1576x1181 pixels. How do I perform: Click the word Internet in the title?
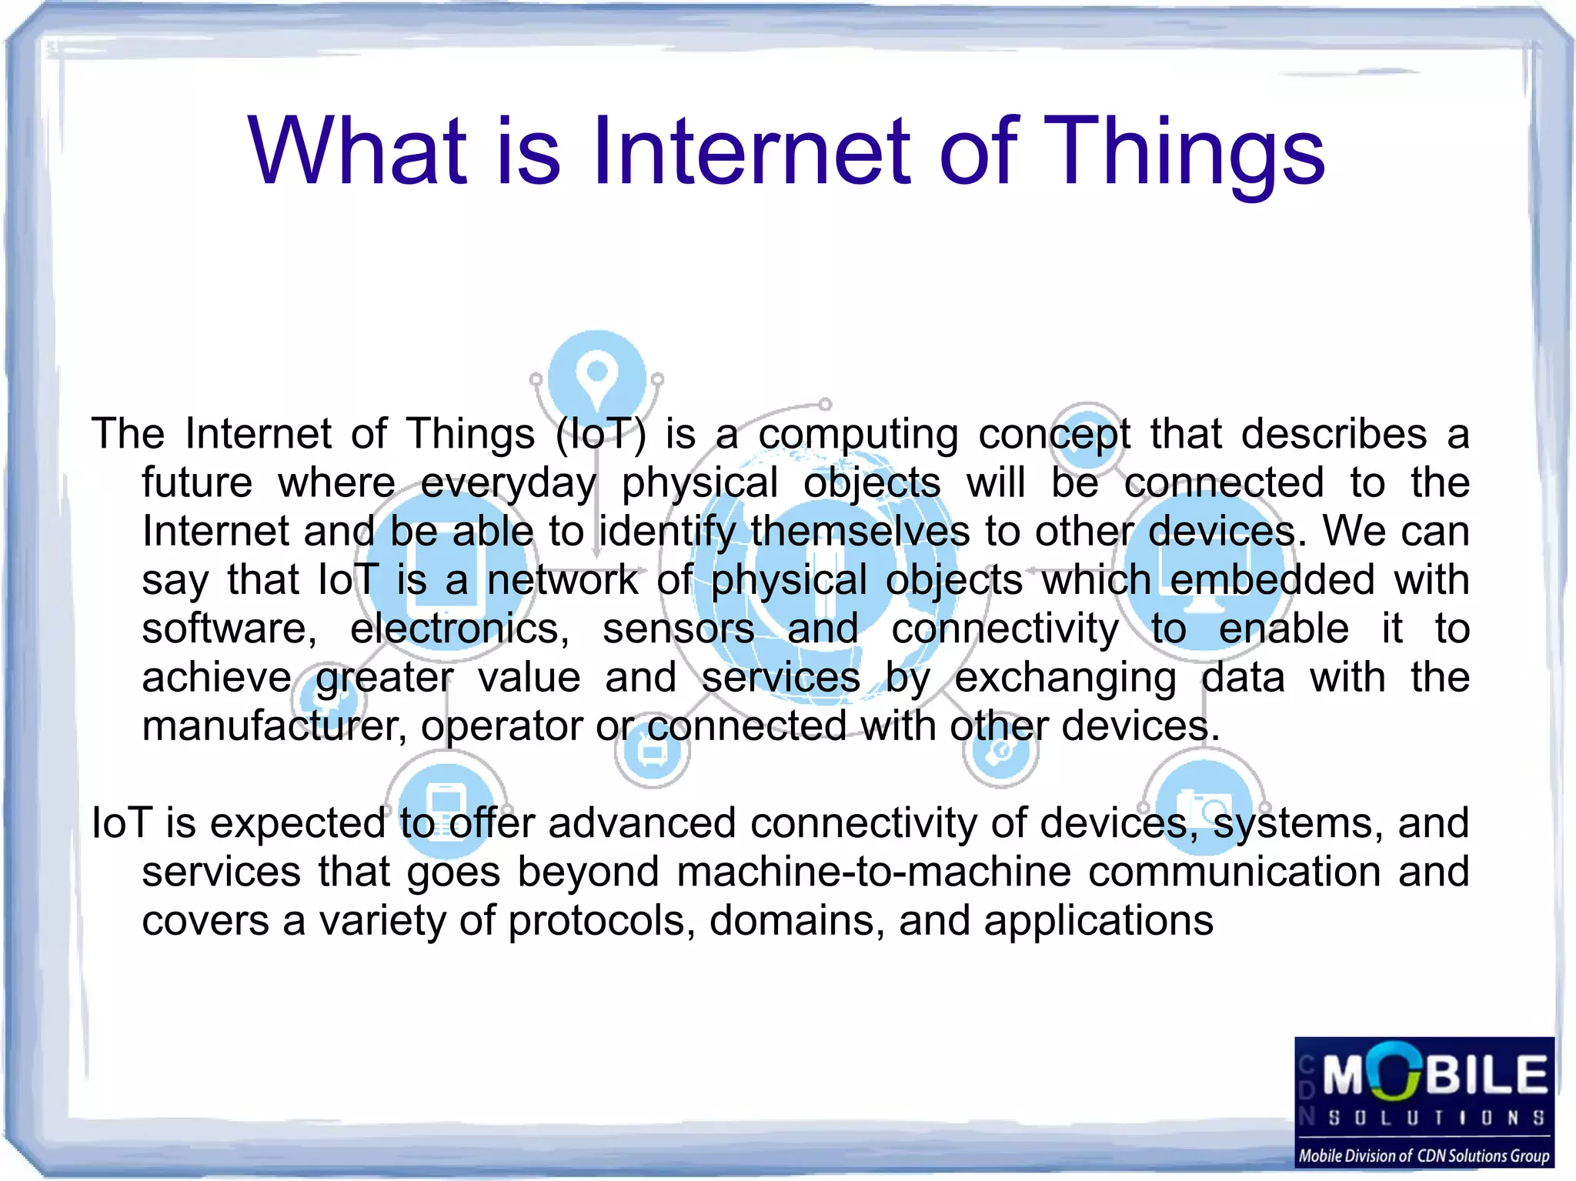(752, 151)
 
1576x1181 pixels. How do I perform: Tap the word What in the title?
(357, 151)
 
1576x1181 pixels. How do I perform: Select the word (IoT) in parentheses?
(600, 434)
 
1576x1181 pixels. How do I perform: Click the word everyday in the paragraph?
(508, 484)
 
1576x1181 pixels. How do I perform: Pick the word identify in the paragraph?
(666, 532)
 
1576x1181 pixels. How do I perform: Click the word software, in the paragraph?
(229, 629)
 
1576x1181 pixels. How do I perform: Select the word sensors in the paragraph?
(678, 629)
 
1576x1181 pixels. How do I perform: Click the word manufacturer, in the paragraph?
(274, 726)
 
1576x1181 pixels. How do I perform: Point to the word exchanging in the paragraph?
(1065, 679)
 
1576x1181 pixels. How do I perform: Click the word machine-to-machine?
(873, 872)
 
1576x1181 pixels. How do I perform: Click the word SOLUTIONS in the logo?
(1436, 1117)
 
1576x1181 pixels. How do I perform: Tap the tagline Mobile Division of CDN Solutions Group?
(1424, 1156)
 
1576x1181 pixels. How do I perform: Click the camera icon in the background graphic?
(1204, 806)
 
